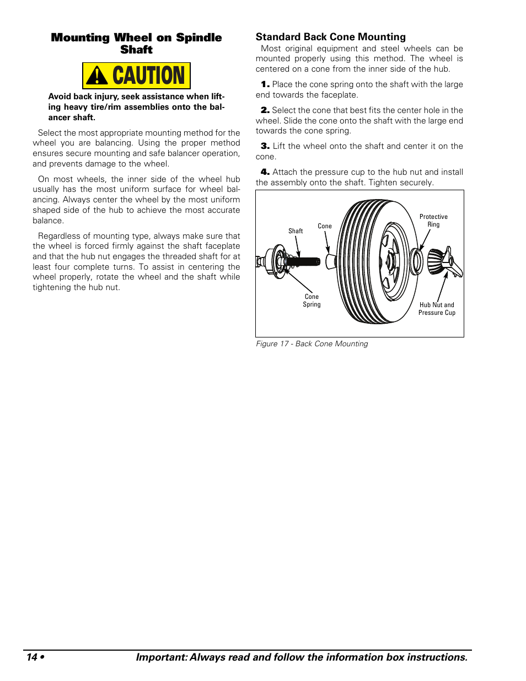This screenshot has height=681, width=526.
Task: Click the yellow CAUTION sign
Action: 136,76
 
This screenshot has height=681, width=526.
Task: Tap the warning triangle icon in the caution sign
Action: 97,76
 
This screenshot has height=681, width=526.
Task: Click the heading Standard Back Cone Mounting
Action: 330,37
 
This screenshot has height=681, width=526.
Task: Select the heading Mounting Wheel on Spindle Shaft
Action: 136,44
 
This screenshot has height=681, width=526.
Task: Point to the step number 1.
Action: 265,84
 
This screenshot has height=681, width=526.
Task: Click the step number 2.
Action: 265,110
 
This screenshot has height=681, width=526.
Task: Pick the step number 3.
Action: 265,146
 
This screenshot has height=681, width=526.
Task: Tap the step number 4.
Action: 265,172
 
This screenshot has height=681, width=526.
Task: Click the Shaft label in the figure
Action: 296,231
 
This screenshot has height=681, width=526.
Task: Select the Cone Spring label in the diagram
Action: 312,301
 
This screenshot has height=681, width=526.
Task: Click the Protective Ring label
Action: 433,221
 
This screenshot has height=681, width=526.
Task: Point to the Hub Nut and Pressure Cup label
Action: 437,309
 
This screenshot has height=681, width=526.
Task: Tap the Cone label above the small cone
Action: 325,226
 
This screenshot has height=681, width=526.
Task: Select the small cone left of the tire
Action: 331,261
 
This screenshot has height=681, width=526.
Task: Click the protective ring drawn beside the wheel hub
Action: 417,261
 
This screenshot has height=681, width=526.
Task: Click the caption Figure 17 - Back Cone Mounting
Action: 312,344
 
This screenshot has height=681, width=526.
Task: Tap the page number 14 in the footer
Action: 32,657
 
